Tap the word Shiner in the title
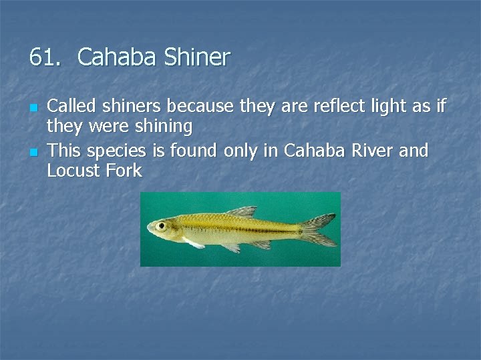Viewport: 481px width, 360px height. point(198,57)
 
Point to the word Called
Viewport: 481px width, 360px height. point(71,105)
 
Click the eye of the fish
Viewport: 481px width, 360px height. point(161,227)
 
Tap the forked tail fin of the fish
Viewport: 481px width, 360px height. point(319,230)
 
